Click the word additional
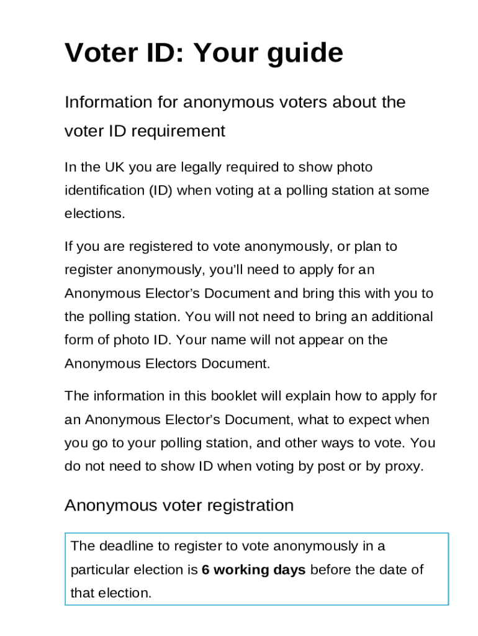tap(399, 317)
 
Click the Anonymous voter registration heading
tap(179, 505)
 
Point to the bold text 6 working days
tap(253, 570)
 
